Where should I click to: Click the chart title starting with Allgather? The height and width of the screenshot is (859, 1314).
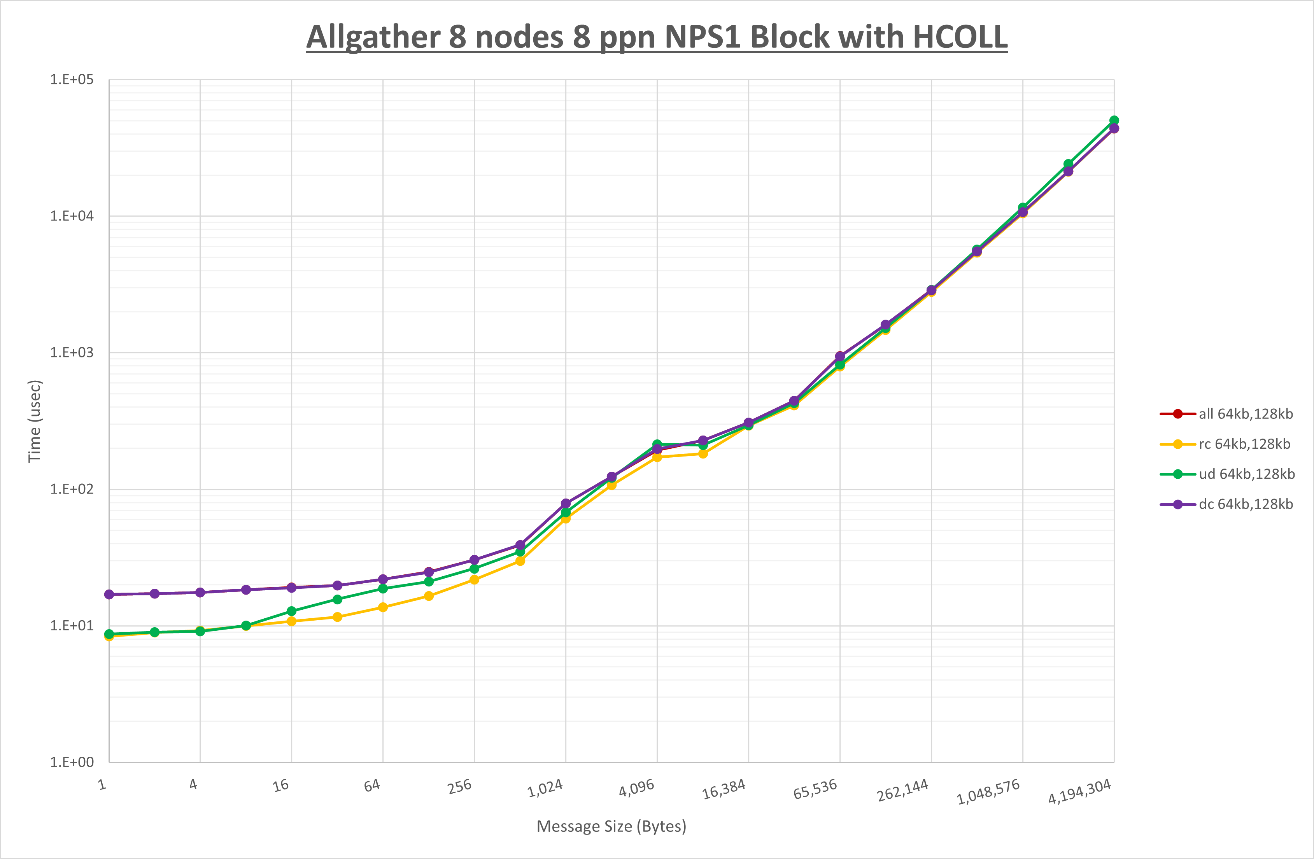(x=657, y=37)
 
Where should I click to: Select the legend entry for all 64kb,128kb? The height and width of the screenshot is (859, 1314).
(x=1245, y=414)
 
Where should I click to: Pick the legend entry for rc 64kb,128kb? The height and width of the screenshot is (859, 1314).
(x=1244, y=444)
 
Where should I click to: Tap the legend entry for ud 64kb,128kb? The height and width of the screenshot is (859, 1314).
(x=1246, y=474)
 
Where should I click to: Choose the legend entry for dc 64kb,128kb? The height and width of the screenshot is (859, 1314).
(x=1245, y=504)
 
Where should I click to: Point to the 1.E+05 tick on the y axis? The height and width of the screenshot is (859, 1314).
(x=72, y=79)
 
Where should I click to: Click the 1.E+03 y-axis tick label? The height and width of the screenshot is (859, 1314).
(x=72, y=352)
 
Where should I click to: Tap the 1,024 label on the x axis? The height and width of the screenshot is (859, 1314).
(x=545, y=788)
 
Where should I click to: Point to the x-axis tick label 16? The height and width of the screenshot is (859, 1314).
(x=281, y=785)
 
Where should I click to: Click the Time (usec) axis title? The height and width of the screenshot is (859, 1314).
(x=34, y=421)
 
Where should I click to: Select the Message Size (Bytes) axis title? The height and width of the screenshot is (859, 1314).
(x=611, y=826)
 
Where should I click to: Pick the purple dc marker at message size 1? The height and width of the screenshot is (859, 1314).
(x=109, y=595)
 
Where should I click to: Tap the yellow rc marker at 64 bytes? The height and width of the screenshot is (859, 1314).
(x=383, y=607)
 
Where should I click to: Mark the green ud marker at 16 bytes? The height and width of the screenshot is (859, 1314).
(x=291, y=611)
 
